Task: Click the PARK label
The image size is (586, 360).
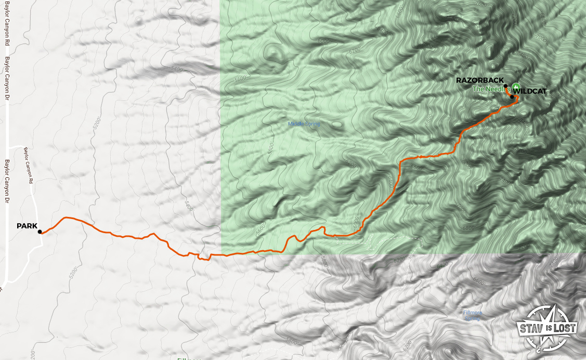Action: pos(27,226)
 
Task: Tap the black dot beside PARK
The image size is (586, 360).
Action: pos(40,232)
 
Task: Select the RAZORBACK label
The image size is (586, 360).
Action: pos(479,80)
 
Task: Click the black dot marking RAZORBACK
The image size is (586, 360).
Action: pos(505,86)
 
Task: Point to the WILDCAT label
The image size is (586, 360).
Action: pos(530,91)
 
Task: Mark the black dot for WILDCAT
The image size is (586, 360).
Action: pos(512,97)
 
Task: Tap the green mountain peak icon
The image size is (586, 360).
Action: pos(516,86)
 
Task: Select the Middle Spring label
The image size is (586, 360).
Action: pos(304,124)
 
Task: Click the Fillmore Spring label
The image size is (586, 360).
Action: pos(473,315)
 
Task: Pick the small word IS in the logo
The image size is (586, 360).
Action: pos(547,328)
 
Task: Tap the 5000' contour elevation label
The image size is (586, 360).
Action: pos(323,41)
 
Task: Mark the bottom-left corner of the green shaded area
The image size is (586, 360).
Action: pos(222,253)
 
